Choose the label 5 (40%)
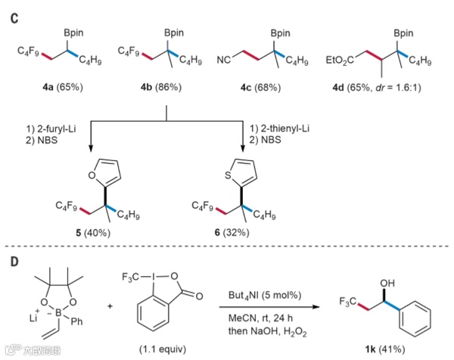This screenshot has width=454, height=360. coord(95,232)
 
